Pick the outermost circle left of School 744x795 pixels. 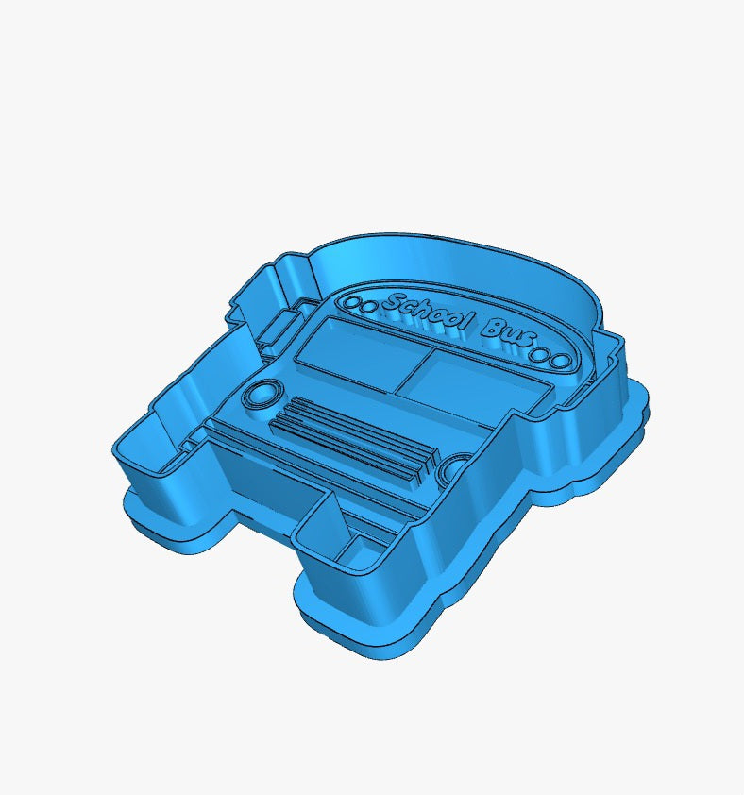pos(351,302)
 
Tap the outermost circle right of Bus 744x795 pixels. pos(562,362)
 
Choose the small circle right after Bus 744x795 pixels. pos(540,354)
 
